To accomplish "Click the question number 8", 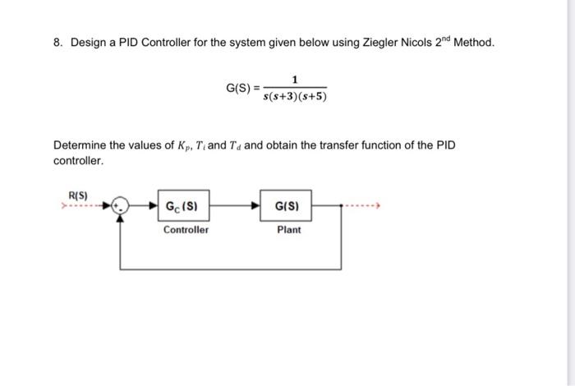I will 58,42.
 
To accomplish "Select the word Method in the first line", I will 475,42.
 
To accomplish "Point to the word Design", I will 87,42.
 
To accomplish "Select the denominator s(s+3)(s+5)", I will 295,97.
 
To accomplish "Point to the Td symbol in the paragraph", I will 232,145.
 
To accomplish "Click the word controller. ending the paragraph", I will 79,161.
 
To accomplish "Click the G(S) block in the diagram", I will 288,205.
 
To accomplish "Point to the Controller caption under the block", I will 186,230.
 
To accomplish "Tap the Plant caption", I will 288,230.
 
